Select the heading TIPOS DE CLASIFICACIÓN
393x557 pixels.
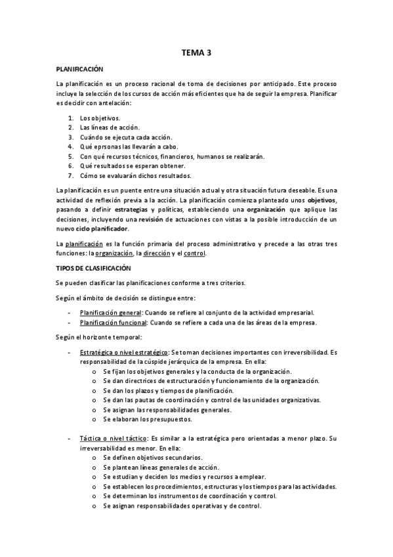tap(94, 268)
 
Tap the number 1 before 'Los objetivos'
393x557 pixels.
tap(70, 118)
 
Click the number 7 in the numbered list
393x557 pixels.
tap(70, 175)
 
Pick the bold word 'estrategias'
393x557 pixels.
tap(136, 210)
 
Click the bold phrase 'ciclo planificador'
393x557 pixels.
tap(102, 229)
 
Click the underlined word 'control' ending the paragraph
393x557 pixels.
tap(195, 254)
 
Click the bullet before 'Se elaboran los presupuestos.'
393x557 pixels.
tap(96, 418)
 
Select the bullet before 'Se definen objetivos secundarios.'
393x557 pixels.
tap(96, 457)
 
